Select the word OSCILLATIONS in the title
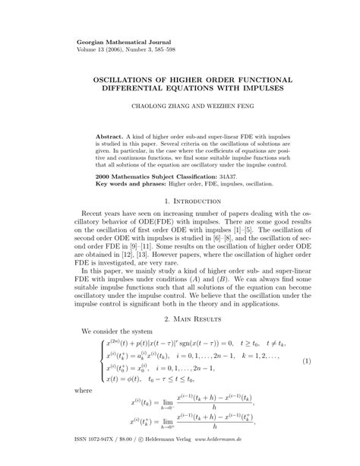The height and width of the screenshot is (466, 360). [x=132, y=79]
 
